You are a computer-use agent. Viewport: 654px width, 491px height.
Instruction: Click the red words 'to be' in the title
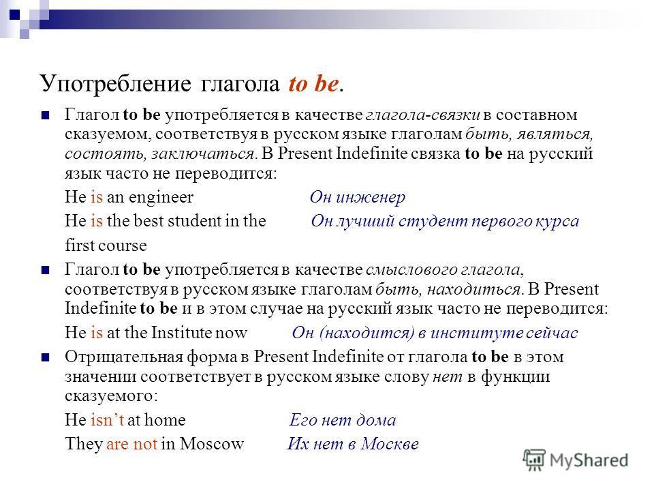pyautogui.click(x=313, y=83)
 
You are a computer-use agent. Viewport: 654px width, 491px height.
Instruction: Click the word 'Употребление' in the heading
pyautogui.click(x=115, y=85)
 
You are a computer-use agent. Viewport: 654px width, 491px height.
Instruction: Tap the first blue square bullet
pyautogui.click(x=45, y=115)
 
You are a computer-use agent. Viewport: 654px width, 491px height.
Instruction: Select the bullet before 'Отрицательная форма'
pyautogui.click(x=45, y=357)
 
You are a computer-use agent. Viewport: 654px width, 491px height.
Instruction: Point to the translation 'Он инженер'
pyautogui.click(x=358, y=197)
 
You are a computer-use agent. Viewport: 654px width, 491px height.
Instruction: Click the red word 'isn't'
pyautogui.click(x=107, y=419)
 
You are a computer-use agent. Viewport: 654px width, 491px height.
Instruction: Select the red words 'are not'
pyautogui.click(x=131, y=444)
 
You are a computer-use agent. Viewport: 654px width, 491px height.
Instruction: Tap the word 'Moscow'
pyautogui.click(x=211, y=444)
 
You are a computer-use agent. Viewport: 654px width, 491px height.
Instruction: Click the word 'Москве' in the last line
pyautogui.click(x=390, y=444)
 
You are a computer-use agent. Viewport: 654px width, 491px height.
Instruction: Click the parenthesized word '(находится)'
pyautogui.click(x=367, y=333)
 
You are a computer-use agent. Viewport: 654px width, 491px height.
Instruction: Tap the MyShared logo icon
pyautogui.click(x=534, y=460)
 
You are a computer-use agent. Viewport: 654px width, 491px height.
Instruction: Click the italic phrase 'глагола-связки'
pyautogui.click(x=422, y=115)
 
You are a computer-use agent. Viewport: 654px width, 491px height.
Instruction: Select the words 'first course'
pyautogui.click(x=106, y=245)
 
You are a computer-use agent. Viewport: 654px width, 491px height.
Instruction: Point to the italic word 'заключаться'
pyautogui.click(x=203, y=154)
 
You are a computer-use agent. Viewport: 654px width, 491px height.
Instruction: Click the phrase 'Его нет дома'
pyautogui.click(x=343, y=420)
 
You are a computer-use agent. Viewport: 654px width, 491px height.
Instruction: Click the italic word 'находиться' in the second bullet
pyautogui.click(x=474, y=289)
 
